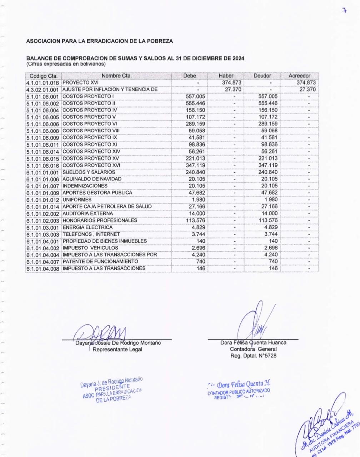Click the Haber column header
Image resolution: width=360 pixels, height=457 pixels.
(226, 76)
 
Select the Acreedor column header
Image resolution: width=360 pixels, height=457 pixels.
(299, 76)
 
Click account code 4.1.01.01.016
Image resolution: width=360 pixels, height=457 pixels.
(43, 83)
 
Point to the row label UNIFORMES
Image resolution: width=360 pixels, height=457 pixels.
(77, 200)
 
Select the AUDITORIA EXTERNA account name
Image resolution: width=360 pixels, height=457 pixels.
(87, 214)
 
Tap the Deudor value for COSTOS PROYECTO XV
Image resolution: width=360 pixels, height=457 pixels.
(268, 158)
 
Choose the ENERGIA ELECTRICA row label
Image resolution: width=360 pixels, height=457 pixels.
(87, 227)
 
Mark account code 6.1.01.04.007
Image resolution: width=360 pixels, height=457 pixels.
(43, 262)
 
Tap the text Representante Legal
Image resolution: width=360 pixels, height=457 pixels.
(117, 350)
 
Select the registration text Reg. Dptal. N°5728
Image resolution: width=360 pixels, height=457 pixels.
(253, 356)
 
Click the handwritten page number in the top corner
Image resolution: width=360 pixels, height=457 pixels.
(344, 11)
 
